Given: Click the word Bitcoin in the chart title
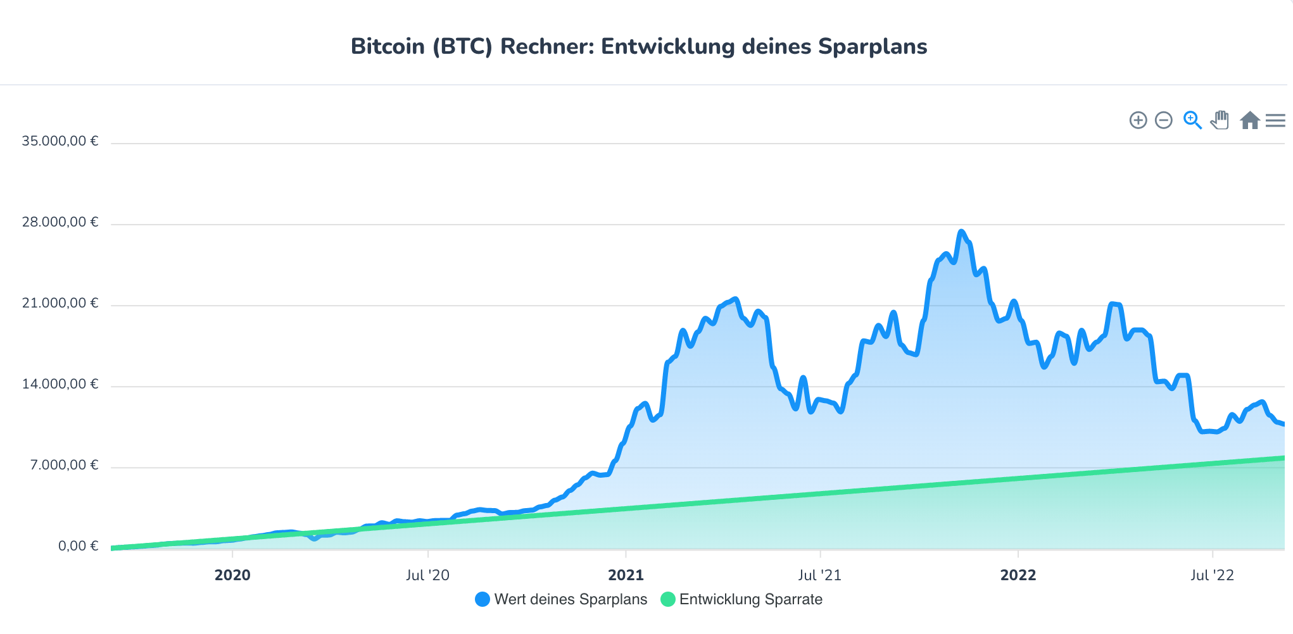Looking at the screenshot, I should pos(388,47).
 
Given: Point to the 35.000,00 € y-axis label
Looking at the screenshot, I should pos(60,141).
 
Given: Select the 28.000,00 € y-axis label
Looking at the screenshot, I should pos(60,222).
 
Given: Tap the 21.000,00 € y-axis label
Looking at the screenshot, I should pos(60,303).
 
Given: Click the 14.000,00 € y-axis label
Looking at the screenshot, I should pos(60,384).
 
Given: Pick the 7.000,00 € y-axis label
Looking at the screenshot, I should pos(65,465).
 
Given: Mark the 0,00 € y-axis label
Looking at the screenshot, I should pos(79,546).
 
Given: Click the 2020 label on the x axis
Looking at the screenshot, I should pos(232,575).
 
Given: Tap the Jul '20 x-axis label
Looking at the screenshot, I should pos(427,575).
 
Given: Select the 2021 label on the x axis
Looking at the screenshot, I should pos(626,575).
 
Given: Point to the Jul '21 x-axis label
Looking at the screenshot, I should pos(819,575).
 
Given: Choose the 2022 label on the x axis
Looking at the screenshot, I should pos(1018,575).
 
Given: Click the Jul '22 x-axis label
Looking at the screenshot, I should pos(1212,575).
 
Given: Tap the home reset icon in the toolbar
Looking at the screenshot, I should pos(1249,120).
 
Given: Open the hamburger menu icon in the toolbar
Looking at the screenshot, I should pos(1275,120).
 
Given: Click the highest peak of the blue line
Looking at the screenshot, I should pos(961,232).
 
